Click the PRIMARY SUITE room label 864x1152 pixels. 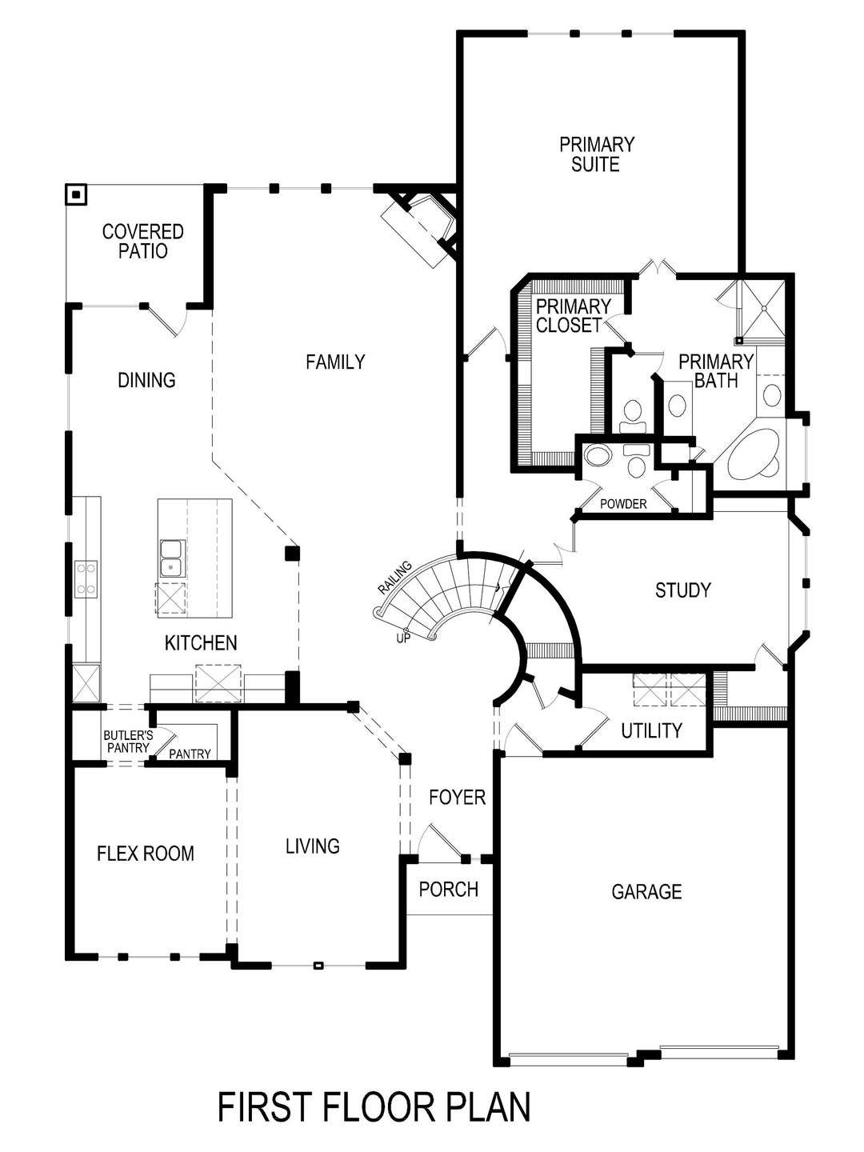(x=596, y=154)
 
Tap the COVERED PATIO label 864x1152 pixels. (x=143, y=241)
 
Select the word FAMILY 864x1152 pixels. (x=335, y=362)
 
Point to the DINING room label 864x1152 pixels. (x=146, y=380)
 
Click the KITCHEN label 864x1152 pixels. (x=201, y=642)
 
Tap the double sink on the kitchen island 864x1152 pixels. (x=171, y=558)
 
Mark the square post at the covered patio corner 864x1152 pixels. (x=76, y=194)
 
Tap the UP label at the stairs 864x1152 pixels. (x=403, y=638)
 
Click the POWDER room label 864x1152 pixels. (x=623, y=504)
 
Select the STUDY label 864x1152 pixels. (x=682, y=590)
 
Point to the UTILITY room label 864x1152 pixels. (x=651, y=730)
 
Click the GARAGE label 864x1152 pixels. (x=646, y=891)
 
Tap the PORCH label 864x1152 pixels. (x=449, y=889)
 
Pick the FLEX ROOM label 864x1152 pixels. (x=146, y=854)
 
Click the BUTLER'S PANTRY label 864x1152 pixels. (x=126, y=741)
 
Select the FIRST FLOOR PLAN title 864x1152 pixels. (x=374, y=1107)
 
